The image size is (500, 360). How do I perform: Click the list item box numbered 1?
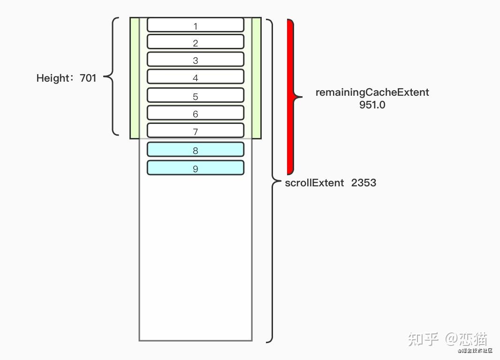click(196, 25)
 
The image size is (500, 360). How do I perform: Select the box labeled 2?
click(196, 42)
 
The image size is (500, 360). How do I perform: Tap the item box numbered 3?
click(196, 59)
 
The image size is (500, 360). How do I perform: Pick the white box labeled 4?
click(196, 77)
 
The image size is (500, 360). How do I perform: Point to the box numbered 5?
click(196, 95)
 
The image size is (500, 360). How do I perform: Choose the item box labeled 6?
click(196, 113)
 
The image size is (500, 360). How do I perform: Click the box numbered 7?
click(196, 130)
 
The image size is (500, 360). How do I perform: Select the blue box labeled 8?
click(196, 150)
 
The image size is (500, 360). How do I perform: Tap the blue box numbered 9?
click(196, 168)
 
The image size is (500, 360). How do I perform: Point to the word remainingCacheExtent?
click(372, 92)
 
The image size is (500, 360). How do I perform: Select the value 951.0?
click(372, 105)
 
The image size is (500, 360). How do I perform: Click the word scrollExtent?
click(314, 183)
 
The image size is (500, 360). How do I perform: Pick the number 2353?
click(364, 183)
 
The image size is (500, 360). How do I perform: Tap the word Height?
click(52, 78)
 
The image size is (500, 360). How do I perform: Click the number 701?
click(88, 78)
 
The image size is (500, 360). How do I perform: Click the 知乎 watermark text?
click(423, 338)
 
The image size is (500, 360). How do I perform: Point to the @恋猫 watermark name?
click(466, 338)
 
